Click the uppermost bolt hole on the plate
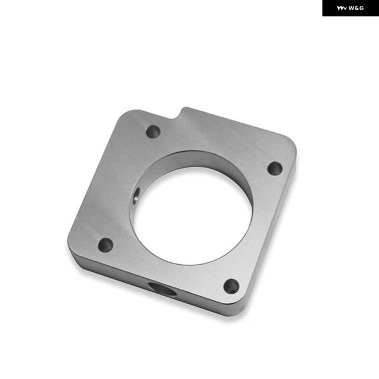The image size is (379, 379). pos(153,131)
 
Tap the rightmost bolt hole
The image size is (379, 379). pos(275,168)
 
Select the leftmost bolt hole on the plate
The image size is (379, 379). pos(105,245)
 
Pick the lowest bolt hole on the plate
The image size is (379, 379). pos(232,287)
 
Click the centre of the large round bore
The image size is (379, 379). pos(192,215)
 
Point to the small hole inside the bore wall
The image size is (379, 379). pos(136,195)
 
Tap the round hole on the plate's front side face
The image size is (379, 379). pos(162,289)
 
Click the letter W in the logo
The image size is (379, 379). pos(351,8)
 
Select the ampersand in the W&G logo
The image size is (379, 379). pos(356,8)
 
